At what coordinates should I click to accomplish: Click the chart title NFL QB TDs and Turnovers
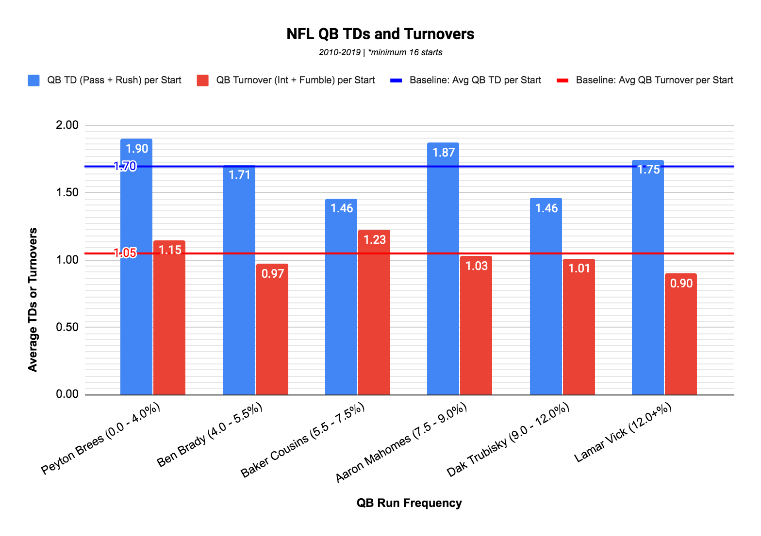(x=380, y=34)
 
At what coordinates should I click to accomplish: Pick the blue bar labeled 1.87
(x=443, y=271)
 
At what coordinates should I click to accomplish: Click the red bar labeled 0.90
(x=681, y=334)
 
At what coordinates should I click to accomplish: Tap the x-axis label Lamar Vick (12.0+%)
(x=623, y=433)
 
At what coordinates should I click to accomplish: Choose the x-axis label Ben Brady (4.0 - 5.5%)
(x=210, y=435)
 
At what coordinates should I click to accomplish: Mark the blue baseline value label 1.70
(x=125, y=167)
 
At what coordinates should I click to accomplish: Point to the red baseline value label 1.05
(x=125, y=253)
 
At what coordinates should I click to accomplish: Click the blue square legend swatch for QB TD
(x=33, y=80)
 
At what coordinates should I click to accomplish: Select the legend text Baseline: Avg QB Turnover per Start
(x=654, y=80)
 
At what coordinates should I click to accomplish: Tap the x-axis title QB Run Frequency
(x=409, y=503)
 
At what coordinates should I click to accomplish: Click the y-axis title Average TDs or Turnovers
(x=33, y=300)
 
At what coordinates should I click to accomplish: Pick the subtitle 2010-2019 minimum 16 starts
(x=380, y=52)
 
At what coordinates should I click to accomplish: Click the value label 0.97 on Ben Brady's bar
(x=272, y=274)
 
